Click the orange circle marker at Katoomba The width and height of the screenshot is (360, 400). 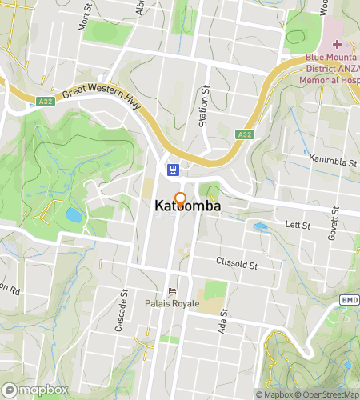click(x=180, y=198)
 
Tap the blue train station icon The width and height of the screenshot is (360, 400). click(x=171, y=169)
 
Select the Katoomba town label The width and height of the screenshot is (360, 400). click(x=188, y=206)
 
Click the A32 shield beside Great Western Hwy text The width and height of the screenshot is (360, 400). click(x=46, y=102)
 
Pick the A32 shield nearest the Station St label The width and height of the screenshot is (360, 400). click(x=245, y=134)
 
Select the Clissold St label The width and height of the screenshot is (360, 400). click(x=238, y=263)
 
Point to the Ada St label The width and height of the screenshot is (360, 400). click(x=223, y=322)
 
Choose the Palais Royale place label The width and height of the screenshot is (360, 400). click(x=166, y=304)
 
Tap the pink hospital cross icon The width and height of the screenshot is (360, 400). click(x=337, y=44)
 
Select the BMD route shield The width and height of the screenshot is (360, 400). click(x=349, y=300)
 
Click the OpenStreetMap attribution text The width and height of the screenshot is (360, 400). click(x=327, y=394)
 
